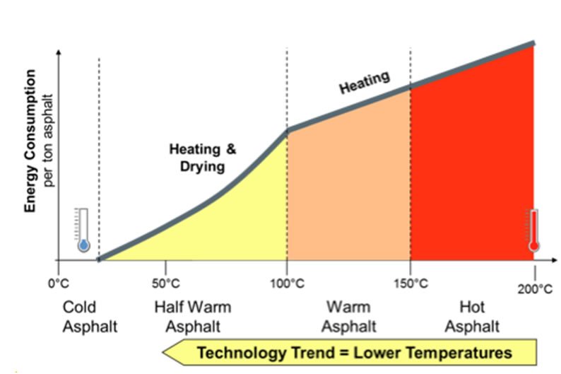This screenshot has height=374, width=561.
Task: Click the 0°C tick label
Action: tap(57, 285)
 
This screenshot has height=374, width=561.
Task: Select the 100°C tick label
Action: tap(287, 285)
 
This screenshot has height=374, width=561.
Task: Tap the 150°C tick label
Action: tap(411, 285)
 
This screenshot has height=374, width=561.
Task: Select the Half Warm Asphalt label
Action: tap(192, 317)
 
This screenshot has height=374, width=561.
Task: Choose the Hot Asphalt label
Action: tap(472, 317)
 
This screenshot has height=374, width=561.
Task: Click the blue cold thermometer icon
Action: tap(83, 230)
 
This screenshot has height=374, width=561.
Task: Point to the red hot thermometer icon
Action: tap(533, 230)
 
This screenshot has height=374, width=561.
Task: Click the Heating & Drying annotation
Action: tap(203, 158)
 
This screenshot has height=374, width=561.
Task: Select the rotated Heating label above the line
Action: tap(365, 83)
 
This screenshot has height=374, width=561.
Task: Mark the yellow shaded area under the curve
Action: tap(226, 226)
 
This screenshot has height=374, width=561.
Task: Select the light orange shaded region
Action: tap(348, 184)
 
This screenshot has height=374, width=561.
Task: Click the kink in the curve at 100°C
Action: tap(287, 131)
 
